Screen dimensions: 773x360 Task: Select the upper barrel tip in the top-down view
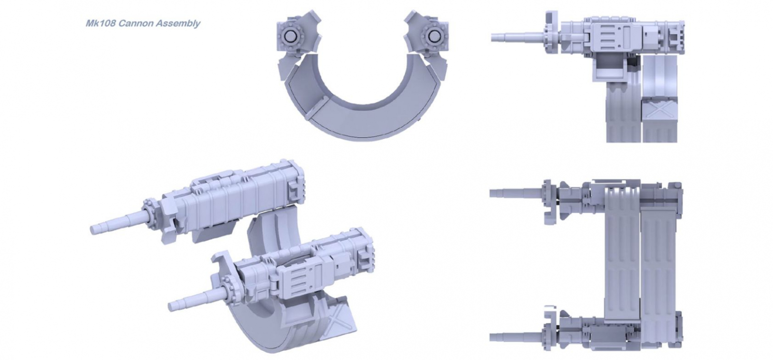point(492,193)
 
